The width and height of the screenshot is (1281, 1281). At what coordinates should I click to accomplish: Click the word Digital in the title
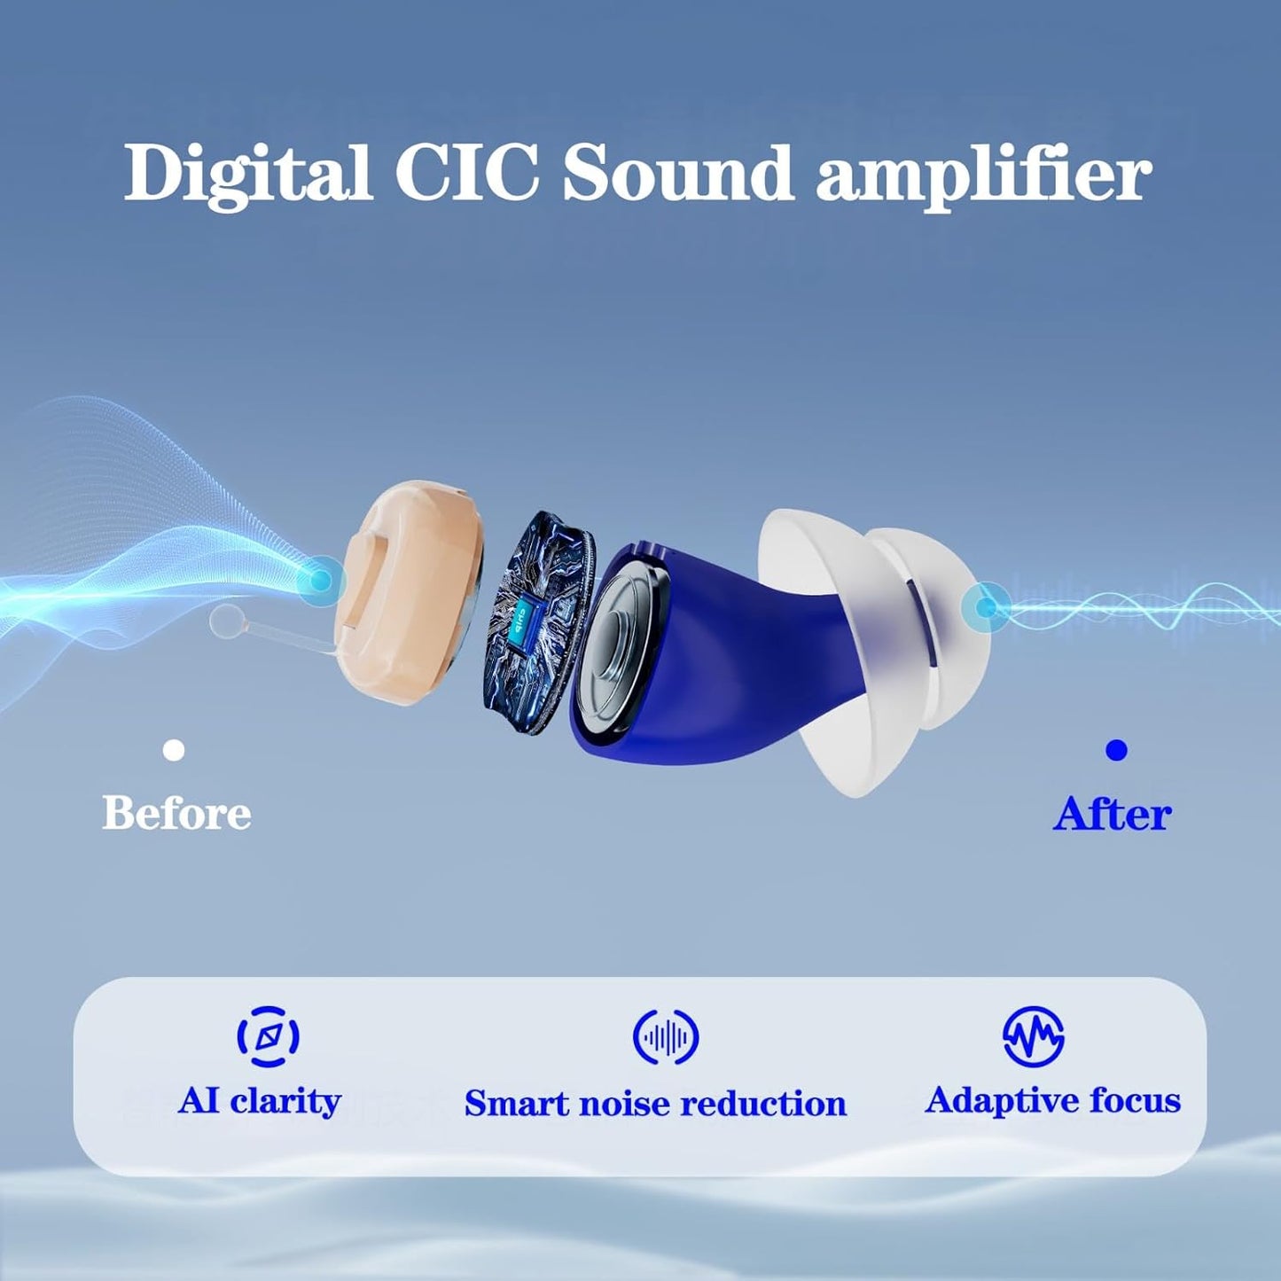247,172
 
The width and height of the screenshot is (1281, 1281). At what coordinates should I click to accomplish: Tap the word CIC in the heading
466,172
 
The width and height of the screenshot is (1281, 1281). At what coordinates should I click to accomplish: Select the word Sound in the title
677,172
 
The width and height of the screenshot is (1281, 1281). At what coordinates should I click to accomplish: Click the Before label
176,813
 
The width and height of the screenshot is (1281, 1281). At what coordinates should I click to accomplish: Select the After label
1113,813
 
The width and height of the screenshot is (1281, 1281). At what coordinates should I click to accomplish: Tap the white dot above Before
175,751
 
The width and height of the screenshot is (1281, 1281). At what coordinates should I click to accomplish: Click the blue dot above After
1116,751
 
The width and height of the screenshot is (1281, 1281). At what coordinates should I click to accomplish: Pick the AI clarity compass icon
268,1035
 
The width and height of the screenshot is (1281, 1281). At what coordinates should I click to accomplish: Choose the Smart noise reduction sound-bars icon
666,1036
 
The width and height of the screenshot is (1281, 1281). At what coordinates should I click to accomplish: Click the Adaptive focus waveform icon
1034,1035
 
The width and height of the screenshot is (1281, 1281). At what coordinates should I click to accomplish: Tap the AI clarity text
260,1101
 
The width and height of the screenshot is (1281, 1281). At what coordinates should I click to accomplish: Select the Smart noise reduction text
655,1104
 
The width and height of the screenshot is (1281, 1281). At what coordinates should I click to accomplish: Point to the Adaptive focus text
1053,1101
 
